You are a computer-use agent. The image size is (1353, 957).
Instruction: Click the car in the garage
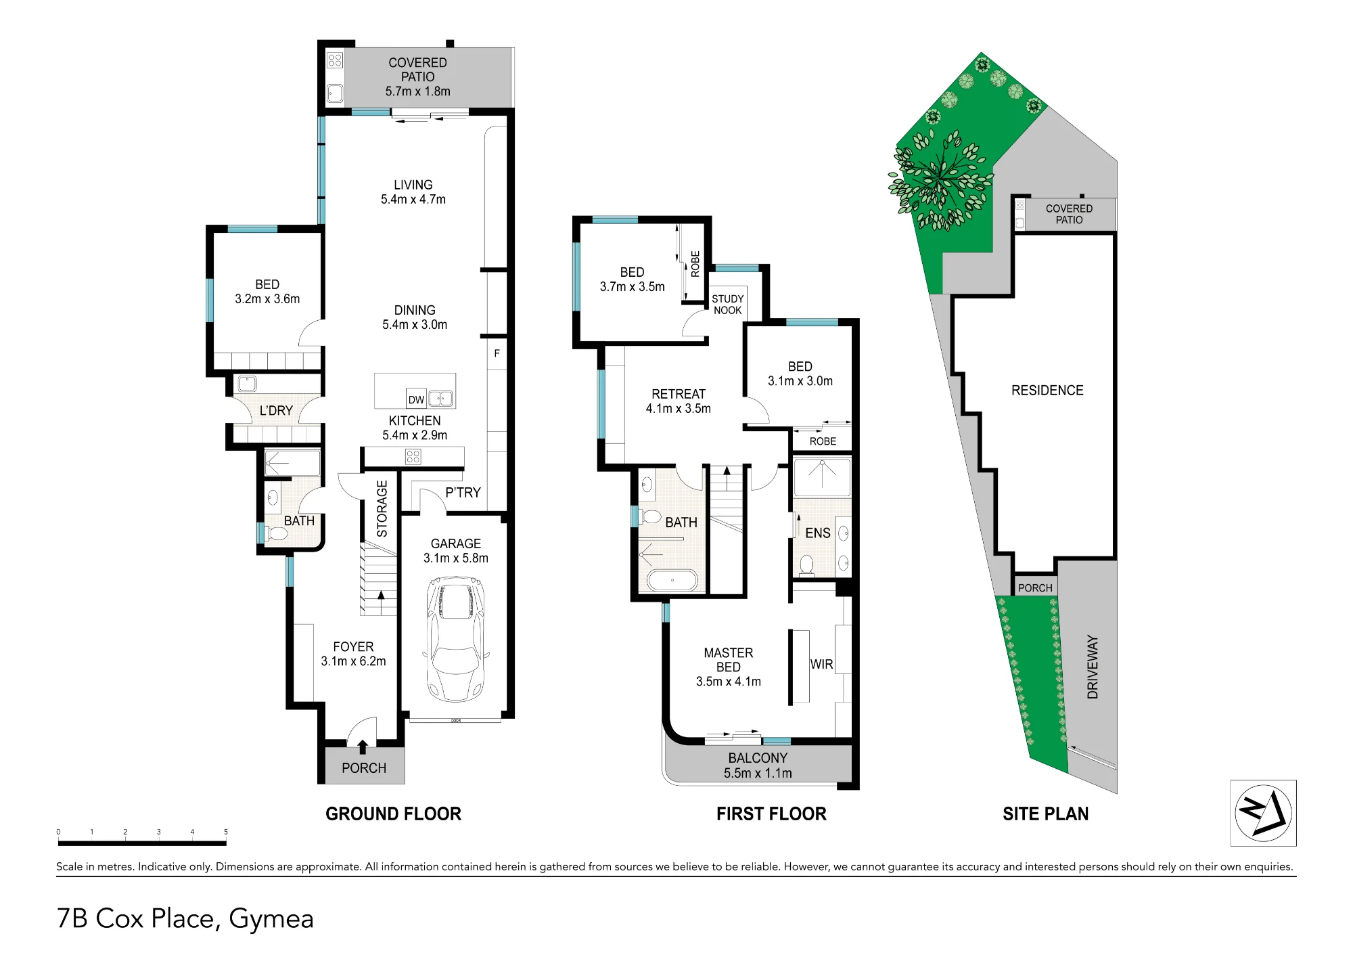pos(456,639)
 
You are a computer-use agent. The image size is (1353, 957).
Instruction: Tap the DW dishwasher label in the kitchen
pos(416,400)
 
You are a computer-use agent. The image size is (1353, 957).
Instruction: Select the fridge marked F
pos(497,353)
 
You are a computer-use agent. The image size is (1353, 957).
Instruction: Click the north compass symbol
pos(1263,813)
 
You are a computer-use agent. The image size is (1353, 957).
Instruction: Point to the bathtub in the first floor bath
pos(672,581)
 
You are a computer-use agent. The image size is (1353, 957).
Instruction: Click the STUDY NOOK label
pos(728,305)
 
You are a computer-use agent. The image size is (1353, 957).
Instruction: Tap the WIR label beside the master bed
pos(821,665)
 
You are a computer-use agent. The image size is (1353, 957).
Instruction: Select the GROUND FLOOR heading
pos(393,814)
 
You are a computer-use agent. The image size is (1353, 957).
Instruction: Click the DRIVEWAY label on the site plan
pos(1093,667)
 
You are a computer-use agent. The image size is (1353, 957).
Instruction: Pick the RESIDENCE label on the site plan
pos(1047,391)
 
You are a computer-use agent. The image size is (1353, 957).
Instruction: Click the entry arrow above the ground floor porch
pos(363,747)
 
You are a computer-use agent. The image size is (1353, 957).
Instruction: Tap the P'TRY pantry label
pos(463,493)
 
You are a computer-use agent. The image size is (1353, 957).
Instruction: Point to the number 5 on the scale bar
pos(226,832)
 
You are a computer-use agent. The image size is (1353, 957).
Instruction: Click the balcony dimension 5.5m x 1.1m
pos(758,773)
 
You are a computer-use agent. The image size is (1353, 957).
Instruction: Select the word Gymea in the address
pos(271,919)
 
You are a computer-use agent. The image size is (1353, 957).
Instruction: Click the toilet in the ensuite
pos(806,565)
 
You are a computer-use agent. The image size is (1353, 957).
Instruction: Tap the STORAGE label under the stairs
pos(382,509)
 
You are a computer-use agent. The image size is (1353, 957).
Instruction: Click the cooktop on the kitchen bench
pos(413,457)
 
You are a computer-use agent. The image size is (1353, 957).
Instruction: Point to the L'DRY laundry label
pos(276,411)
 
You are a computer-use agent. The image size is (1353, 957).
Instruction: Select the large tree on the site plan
pos(940,179)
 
